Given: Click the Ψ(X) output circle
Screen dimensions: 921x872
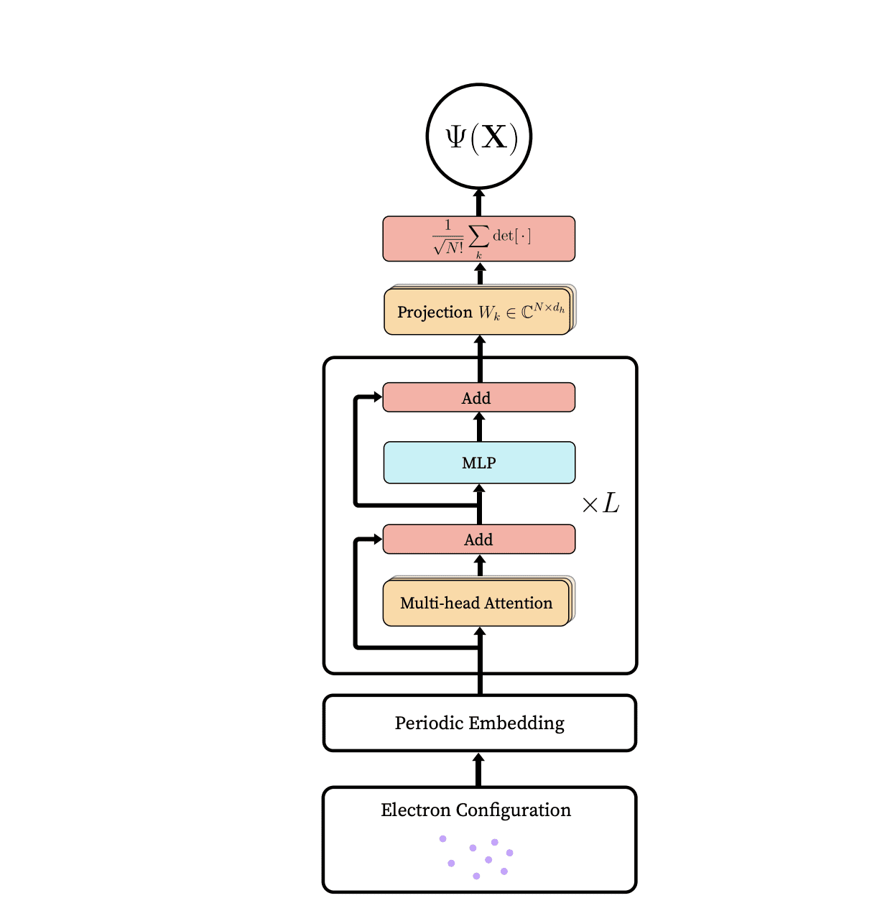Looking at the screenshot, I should [479, 136].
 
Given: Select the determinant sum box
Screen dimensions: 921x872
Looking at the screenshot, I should [479, 239].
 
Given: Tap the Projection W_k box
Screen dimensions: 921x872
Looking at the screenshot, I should [478, 313].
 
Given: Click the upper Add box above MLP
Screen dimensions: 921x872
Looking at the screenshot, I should [479, 397].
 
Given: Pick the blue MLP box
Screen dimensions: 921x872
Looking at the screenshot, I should [479, 463].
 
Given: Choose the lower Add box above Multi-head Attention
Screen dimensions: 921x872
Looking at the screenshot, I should [479, 540].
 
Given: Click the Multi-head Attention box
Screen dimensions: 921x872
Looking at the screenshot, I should [476, 603].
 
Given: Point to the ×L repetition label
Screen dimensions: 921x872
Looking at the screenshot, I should [600, 504].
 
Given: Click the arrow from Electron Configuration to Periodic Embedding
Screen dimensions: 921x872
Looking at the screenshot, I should [479, 769].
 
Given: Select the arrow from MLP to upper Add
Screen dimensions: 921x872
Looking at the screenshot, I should [480, 427].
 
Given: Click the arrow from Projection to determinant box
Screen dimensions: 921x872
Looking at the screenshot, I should [481, 274].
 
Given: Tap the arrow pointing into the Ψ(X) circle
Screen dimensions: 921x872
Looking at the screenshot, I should [479, 202].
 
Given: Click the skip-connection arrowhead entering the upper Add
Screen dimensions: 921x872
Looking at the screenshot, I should [377, 397].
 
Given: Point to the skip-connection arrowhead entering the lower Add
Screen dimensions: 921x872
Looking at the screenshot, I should [377, 539].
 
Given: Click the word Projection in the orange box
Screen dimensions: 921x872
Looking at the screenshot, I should [435, 313].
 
